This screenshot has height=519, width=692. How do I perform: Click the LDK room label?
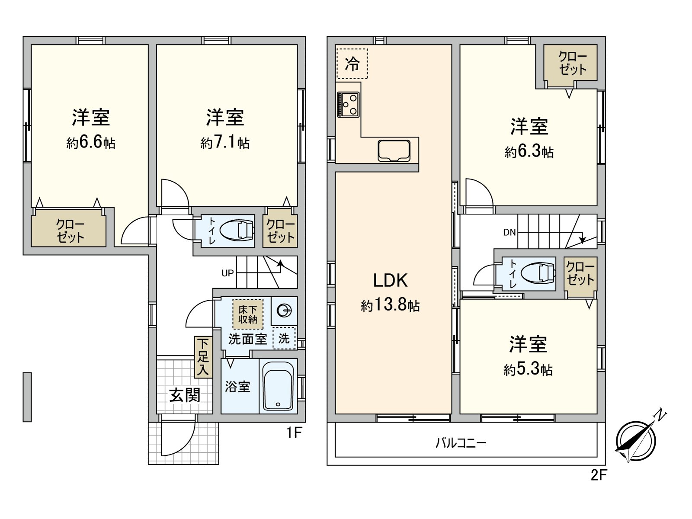pyautogui.click(x=390, y=280)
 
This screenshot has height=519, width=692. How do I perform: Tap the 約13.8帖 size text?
pyautogui.click(x=390, y=305)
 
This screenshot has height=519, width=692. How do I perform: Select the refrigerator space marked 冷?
pyautogui.click(x=352, y=64)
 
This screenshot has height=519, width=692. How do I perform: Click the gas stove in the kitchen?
pyautogui.click(x=348, y=104)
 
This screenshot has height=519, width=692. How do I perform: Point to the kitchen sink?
pyautogui.click(x=394, y=151)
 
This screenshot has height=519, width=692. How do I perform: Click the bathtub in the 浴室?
pyautogui.click(x=278, y=386)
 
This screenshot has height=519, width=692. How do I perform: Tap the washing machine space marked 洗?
pyautogui.click(x=284, y=338)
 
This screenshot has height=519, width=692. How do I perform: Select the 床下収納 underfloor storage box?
pyautogui.click(x=248, y=314)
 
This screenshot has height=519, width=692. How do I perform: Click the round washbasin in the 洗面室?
pyautogui.click(x=284, y=311)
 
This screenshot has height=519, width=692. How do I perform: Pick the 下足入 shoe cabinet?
pyautogui.click(x=203, y=357)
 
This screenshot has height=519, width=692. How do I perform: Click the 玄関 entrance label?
pyautogui.click(x=185, y=395)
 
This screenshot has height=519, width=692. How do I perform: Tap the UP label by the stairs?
pyautogui.click(x=227, y=273)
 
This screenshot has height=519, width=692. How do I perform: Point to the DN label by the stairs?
pyautogui.click(x=509, y=232)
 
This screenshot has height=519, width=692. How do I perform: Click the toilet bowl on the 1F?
pyautogui.click(x=237, y=231)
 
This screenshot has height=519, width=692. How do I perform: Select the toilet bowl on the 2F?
pyautogui.click(x=538, y=273)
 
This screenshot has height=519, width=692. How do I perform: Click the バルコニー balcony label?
pyautogui.click(x=461, y=443)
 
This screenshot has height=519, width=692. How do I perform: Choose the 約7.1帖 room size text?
pyautogui.click(x=225, y=143)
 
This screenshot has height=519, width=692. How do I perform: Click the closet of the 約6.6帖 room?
pyautogui.click(x=68, y=231)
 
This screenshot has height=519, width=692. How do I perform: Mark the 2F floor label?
pyautogui.click(x=599, y=475)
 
